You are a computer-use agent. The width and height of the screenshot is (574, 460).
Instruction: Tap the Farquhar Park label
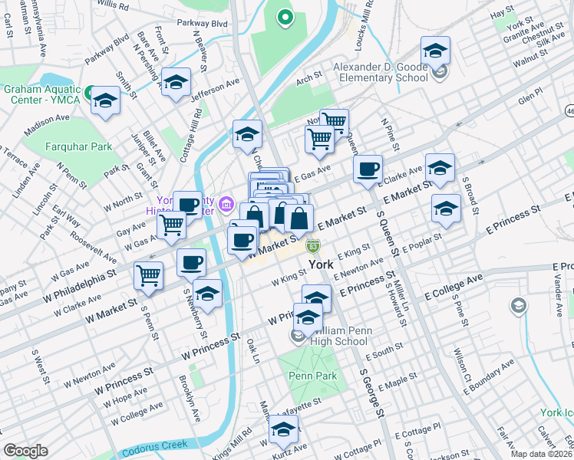tap(78, 146)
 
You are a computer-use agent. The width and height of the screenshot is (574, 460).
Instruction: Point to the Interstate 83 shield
tap(313, 246)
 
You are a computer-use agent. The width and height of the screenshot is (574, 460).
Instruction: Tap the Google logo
tap(25, 451)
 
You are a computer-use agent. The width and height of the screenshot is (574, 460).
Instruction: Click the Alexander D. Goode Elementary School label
tap(380, 72)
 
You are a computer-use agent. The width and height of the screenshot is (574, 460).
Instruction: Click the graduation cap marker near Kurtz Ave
tap(283, 434)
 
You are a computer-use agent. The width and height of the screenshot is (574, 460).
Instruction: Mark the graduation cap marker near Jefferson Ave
tap(176, 83)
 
